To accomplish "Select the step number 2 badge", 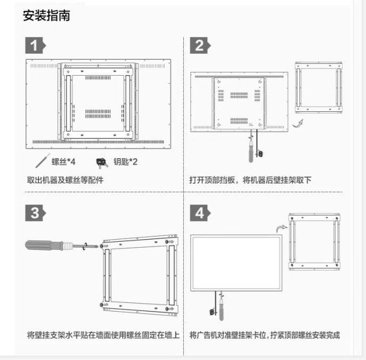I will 199,45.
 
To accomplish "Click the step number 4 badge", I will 199,213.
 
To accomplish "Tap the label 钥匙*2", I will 125,161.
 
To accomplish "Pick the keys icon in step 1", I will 102,161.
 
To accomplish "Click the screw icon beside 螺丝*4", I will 42,161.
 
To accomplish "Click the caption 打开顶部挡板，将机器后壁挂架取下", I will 250,180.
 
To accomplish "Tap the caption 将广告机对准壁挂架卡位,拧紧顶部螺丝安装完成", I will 264,335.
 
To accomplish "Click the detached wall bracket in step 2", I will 319,87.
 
